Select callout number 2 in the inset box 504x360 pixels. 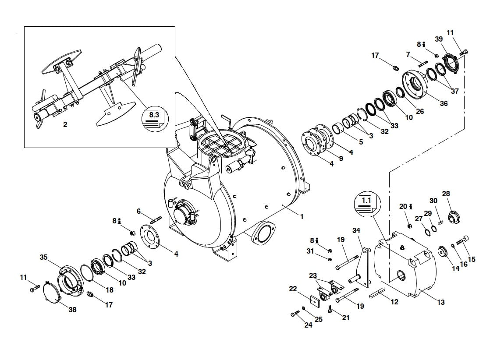tap(65, 124)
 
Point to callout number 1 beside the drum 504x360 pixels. tap(302, 216)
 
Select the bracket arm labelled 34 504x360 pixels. tap(362, 265)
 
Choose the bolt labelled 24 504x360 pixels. tap(295, 314)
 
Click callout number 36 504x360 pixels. tap(444, 103)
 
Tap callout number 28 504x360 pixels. tap(446, 194)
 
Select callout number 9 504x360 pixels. tap(341, 159)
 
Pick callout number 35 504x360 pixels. tap(43, 257)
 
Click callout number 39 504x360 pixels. tap(439, 39)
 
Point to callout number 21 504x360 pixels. tap(346, 318)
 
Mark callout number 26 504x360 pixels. tap(420, 111)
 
